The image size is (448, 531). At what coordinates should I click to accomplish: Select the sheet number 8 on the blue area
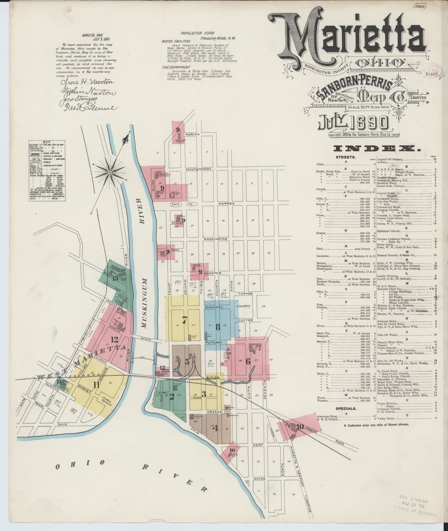pyautogui.click(x=218, y=327)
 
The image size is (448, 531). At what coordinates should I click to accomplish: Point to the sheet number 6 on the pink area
pyautogui.click(x=248, y=361)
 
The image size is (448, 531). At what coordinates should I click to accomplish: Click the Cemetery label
pyautogui.click(x=243, y=306)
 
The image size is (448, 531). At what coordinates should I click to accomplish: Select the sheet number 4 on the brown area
pyautogui.click(x=215, y=428)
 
